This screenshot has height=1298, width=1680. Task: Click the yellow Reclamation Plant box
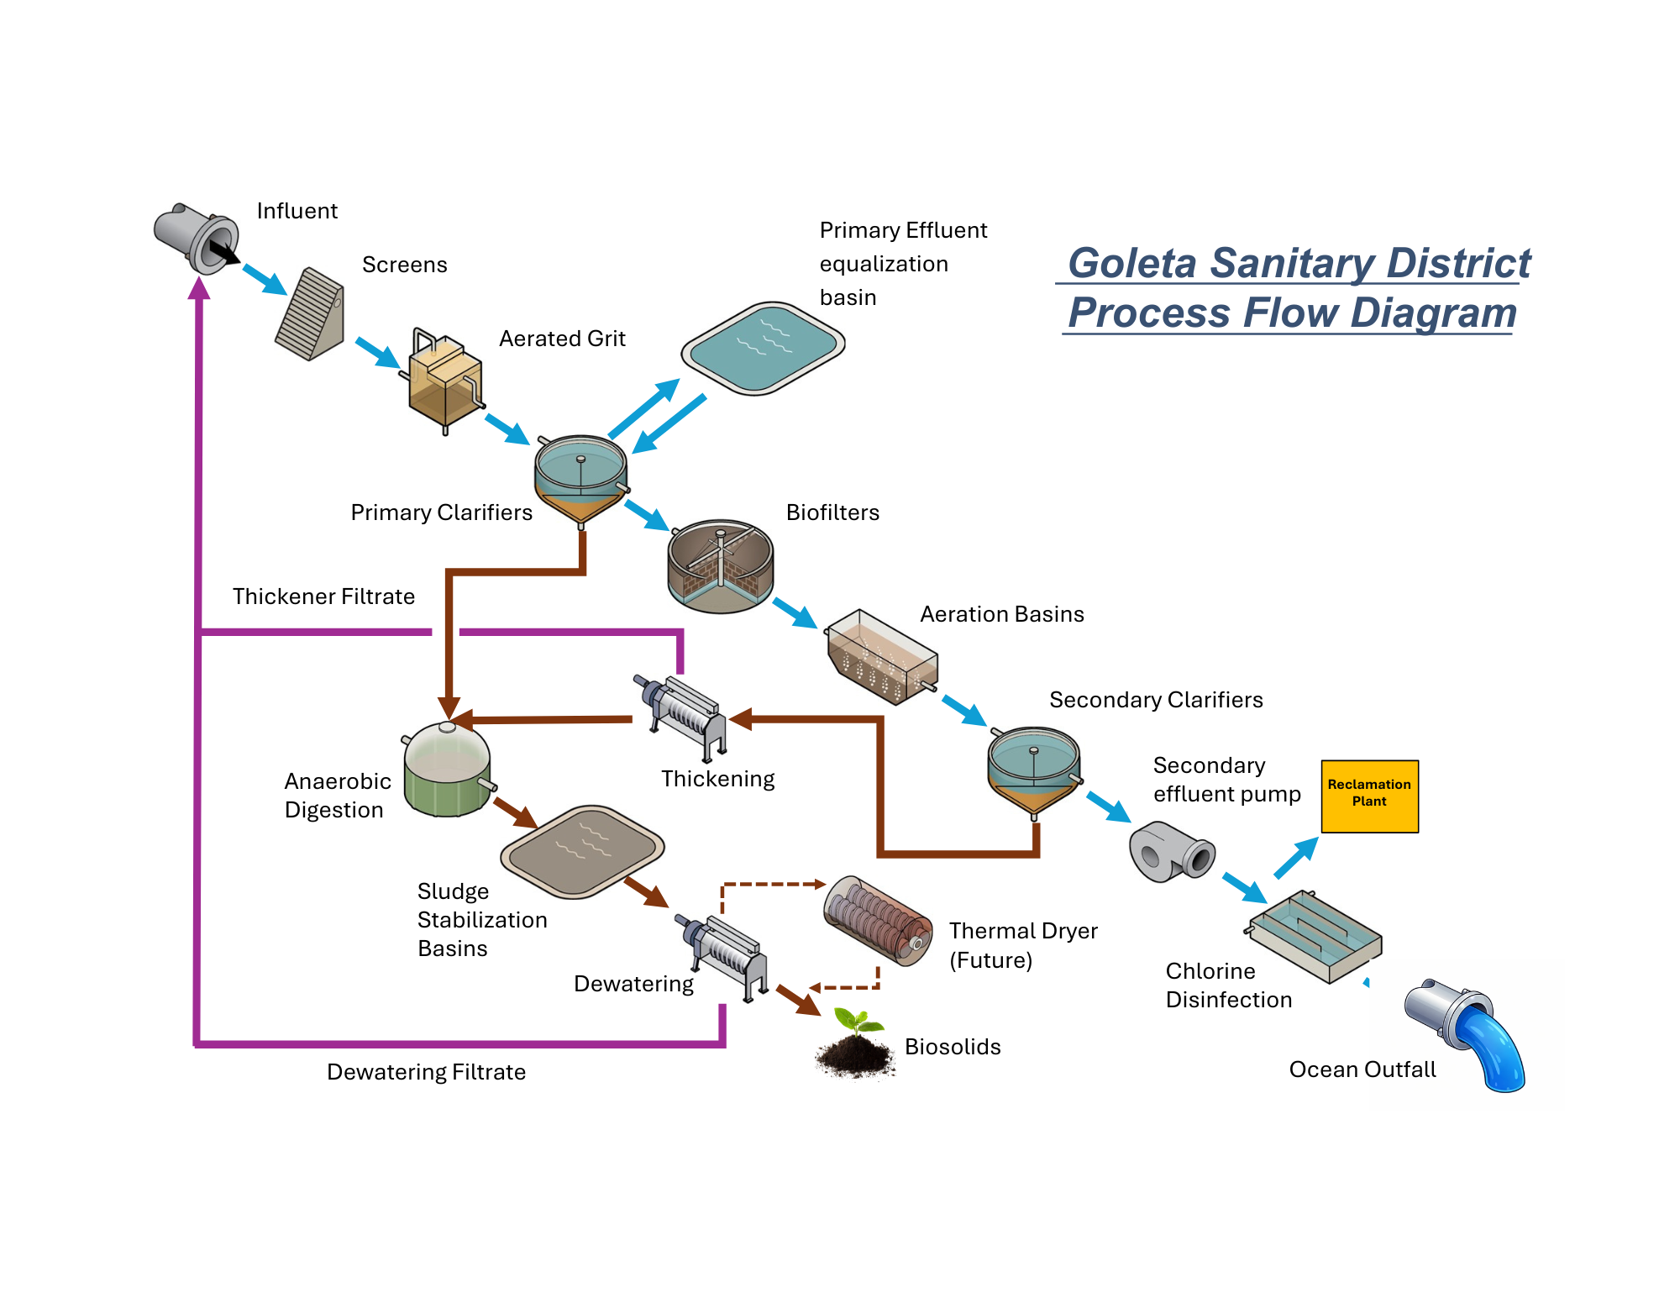(x=1369, y=796)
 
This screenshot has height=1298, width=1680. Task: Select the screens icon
(x=310, y=314)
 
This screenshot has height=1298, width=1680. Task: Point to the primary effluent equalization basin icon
(x=763, y=347)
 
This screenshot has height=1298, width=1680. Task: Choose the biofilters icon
(x=720, y=565)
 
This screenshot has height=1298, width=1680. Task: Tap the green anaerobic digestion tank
(x=447, y=771)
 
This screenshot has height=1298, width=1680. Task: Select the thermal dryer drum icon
(x=878, y=920)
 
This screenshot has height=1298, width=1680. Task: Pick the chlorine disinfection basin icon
(x=1315, y=936)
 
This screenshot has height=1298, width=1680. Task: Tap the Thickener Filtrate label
(x=323, y=596)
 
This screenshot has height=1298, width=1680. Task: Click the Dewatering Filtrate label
(x=426, y=1072)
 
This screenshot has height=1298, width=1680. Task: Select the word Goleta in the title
(x=1131, y=263)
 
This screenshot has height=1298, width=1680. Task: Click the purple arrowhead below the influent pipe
(x=199, y=288)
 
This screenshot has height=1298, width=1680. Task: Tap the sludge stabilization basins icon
(x=582, y=851)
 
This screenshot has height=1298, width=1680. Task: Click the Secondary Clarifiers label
(x=1156, y=700)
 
